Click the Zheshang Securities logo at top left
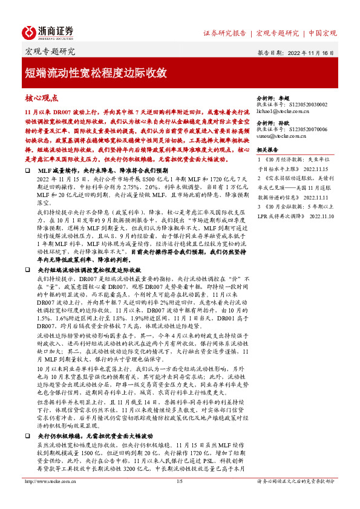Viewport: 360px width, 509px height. tap(48, 32)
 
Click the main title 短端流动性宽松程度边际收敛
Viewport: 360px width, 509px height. tap(96, 73)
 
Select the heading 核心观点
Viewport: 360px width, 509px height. tap(41, 97)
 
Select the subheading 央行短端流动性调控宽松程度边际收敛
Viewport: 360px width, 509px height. tap(89, 269)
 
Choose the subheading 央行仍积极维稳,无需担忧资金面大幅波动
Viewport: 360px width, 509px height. tap(97, 451)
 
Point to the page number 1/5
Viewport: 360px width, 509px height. tap(179, 499)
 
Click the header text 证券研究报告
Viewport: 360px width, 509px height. tap(225, 33)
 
